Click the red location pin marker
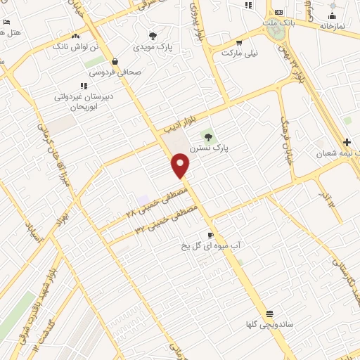pos(181,165)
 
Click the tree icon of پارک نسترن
pos(207,136)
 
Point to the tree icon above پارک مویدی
pos(153,36)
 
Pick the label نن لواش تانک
pos(71,46)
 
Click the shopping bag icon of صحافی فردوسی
pos(115,61)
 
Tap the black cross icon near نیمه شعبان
pos(347,141)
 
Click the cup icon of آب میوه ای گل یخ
pos(210,235)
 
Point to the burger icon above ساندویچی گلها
pos(270,314)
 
